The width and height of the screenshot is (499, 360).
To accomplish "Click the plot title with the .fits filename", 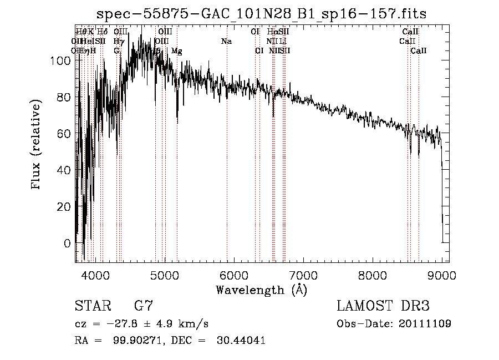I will click(262, 14).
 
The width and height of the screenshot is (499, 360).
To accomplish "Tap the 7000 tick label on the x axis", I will click(303, 275).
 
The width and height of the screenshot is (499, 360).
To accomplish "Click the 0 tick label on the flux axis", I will click(67, 243).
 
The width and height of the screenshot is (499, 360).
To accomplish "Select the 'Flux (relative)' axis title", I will click(37, 145).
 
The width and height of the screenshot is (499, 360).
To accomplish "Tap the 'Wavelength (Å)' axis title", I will click(261, 290).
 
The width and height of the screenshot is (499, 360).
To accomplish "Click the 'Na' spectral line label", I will click(226, 41).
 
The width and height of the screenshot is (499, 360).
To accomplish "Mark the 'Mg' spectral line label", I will click(176, 50).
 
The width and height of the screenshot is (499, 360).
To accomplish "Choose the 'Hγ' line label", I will click(118, 41).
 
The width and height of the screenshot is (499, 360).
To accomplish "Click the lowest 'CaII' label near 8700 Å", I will click(419, 50).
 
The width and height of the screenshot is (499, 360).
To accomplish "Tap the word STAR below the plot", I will click(92, 306).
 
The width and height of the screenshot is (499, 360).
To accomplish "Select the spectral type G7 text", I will click(144, 306).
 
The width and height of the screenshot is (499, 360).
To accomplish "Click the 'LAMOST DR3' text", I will click(383, 306).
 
